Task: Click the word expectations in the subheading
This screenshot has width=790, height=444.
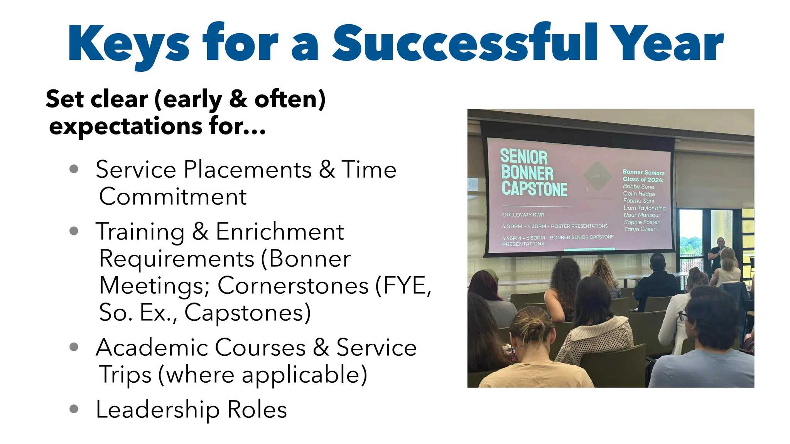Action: tap(126, 126)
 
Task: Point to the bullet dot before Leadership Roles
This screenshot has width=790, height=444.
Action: tap(74, 409)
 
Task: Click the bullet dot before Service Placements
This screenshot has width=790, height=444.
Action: tap(74, 169)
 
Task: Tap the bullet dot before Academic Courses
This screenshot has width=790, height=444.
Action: tap(74, 347)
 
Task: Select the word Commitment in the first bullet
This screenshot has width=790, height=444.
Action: tap(173, 197)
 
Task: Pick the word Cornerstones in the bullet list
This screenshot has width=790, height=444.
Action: tap(293, 286)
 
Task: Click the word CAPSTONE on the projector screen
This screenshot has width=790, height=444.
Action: tap(534, 189)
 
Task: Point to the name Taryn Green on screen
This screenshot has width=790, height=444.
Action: tap(640, 229)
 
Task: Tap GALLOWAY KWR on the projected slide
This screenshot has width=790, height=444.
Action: tap(523, 215)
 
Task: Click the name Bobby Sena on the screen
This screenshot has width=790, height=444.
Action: tap(638, 187)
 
